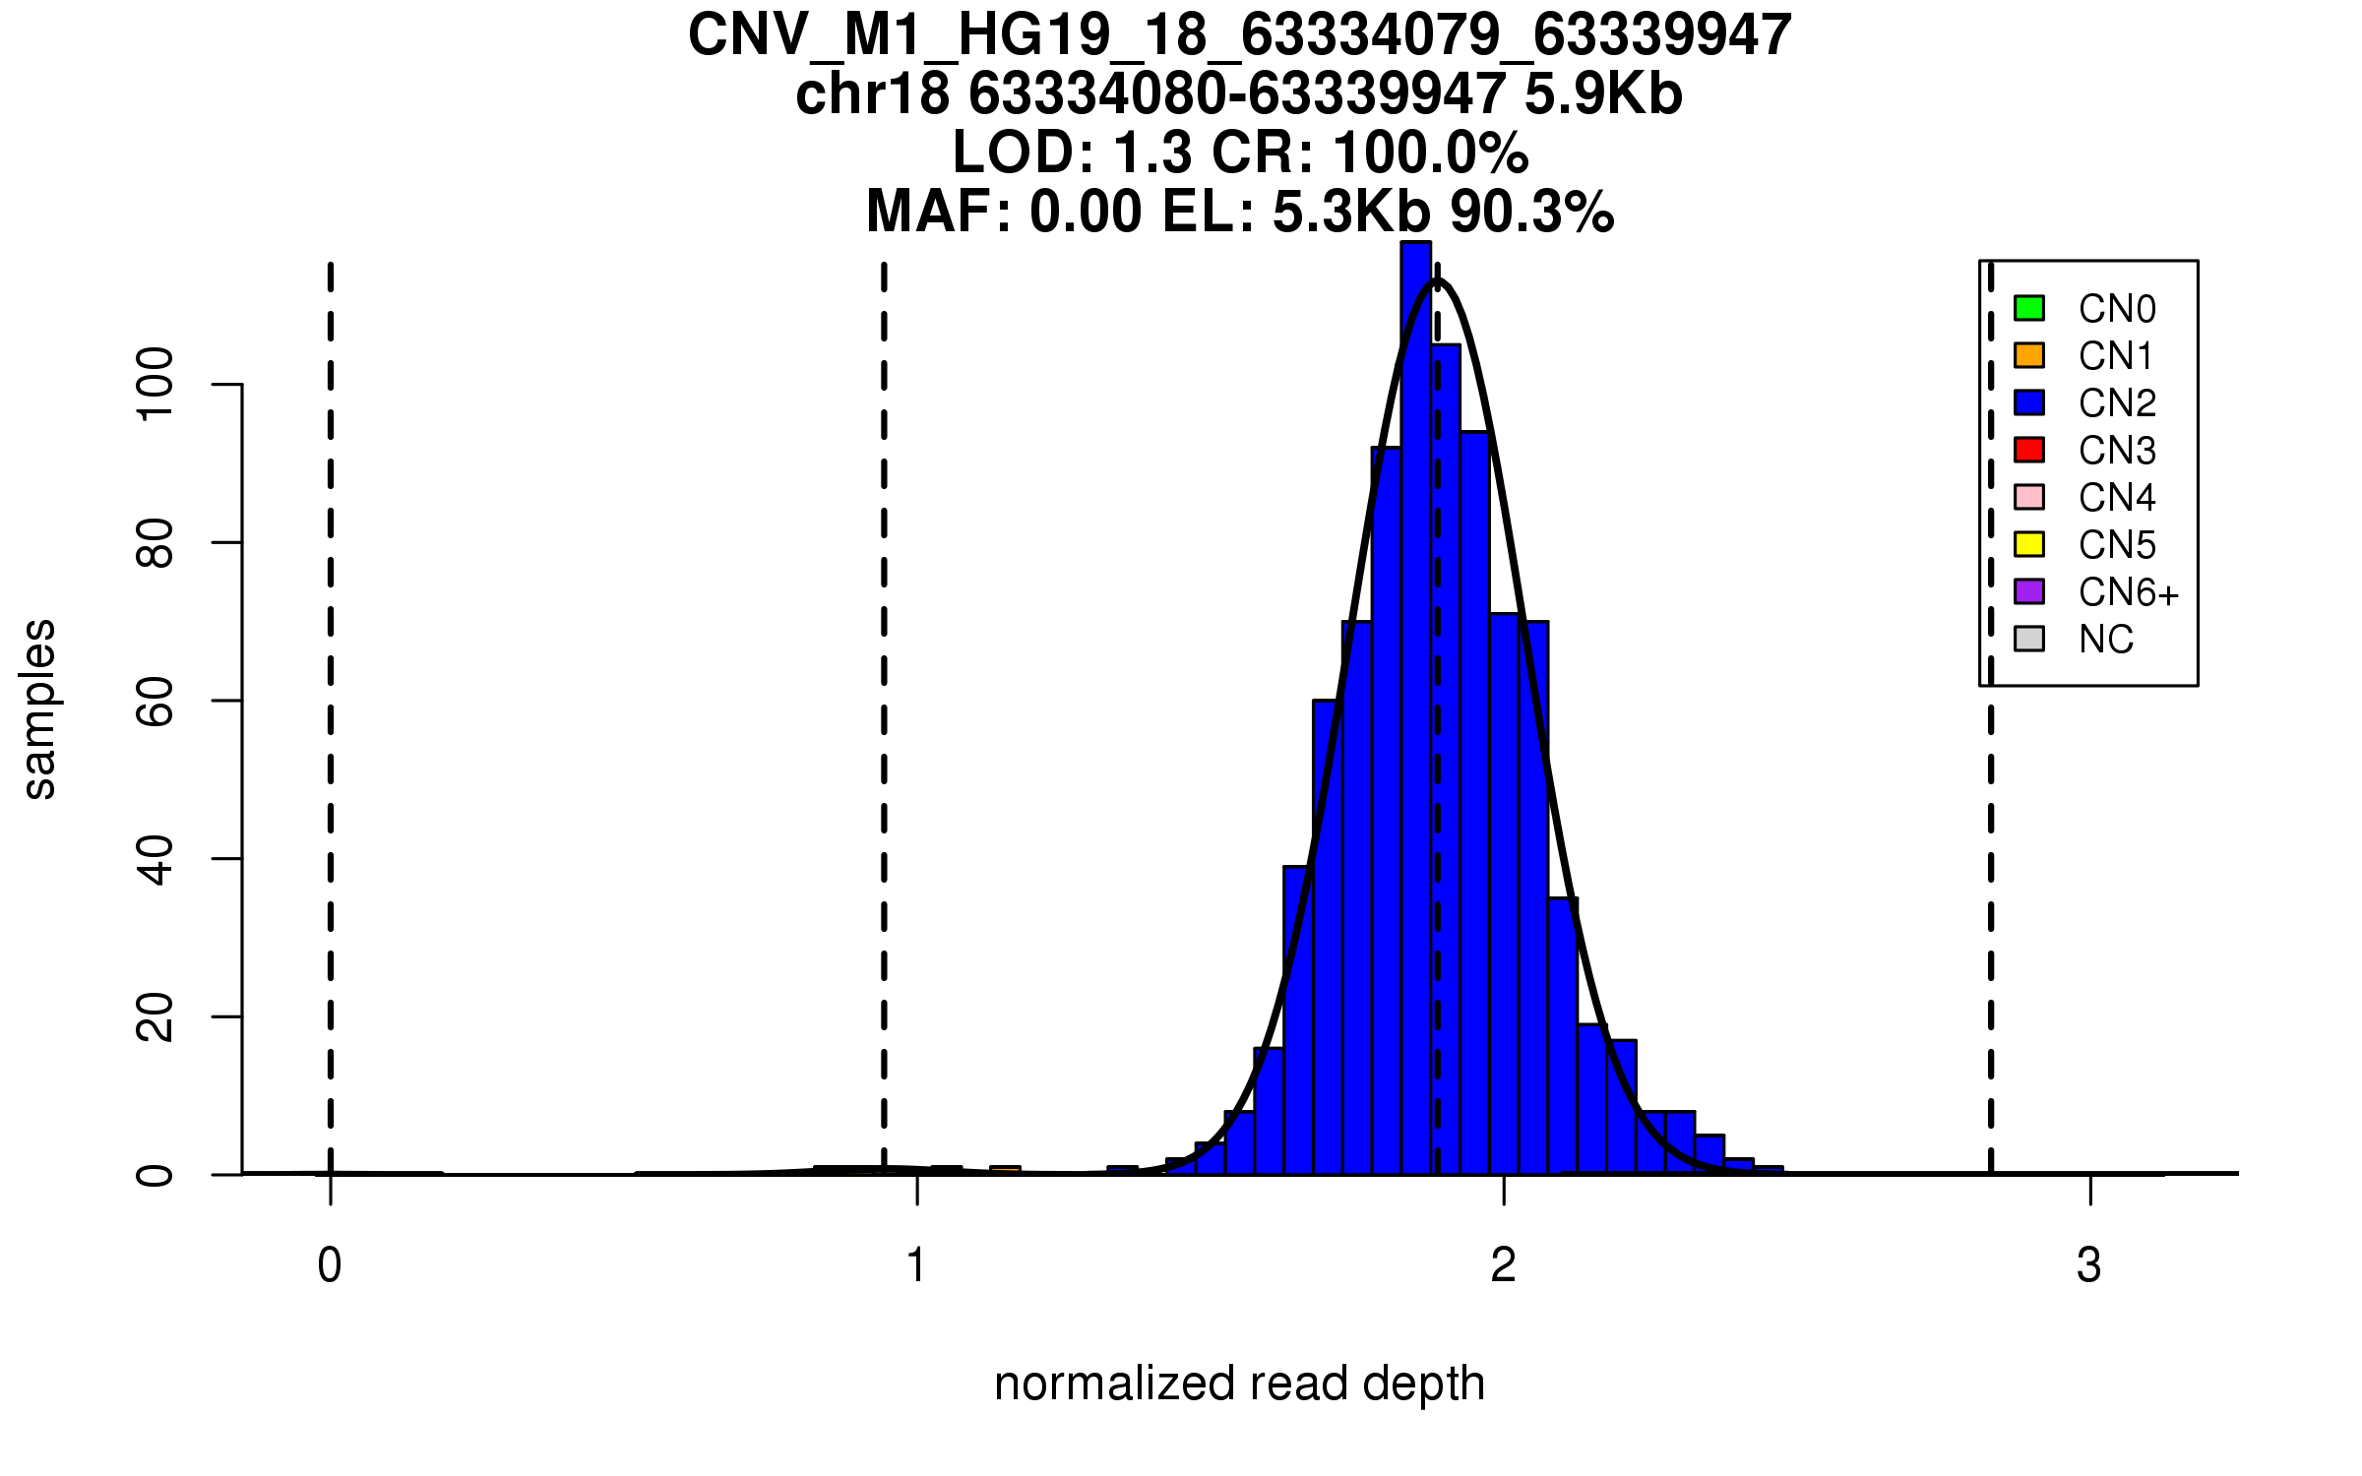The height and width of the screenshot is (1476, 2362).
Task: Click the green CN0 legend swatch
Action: (2028, 308)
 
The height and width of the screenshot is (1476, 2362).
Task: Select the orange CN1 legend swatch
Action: (2028, 355)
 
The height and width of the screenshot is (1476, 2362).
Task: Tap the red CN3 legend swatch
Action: (2028, 450)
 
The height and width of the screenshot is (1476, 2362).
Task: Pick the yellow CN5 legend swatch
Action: (2028, 544)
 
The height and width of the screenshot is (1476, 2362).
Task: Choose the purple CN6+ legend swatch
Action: (2028, 591)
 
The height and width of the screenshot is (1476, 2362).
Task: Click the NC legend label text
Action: (2105, 640)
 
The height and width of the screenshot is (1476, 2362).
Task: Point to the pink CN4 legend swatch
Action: (2028, 497)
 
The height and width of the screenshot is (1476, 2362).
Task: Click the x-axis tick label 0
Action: (330, 1265)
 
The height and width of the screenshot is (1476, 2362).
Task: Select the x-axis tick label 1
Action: (916, 1265)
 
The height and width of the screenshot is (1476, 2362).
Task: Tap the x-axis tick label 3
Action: (2088, 1265)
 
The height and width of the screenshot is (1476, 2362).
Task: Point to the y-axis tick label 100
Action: (155, 385)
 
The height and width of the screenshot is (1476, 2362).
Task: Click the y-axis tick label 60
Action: (155, 701)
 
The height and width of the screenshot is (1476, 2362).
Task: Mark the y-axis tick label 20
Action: (155, 1016)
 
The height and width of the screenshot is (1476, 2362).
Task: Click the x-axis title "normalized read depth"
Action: (1239, 1384)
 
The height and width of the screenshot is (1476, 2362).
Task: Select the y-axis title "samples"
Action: (39, 708)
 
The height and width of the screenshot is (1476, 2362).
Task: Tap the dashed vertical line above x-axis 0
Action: (331, 689)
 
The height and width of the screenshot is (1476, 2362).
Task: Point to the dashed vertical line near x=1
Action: (884, 689)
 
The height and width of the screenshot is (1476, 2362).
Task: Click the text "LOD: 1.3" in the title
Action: (1072, 154)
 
